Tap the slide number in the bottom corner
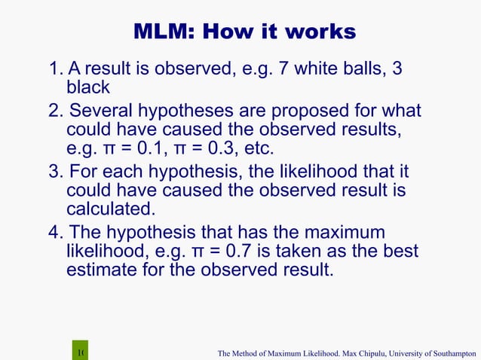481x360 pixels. (x=81, y=352)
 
